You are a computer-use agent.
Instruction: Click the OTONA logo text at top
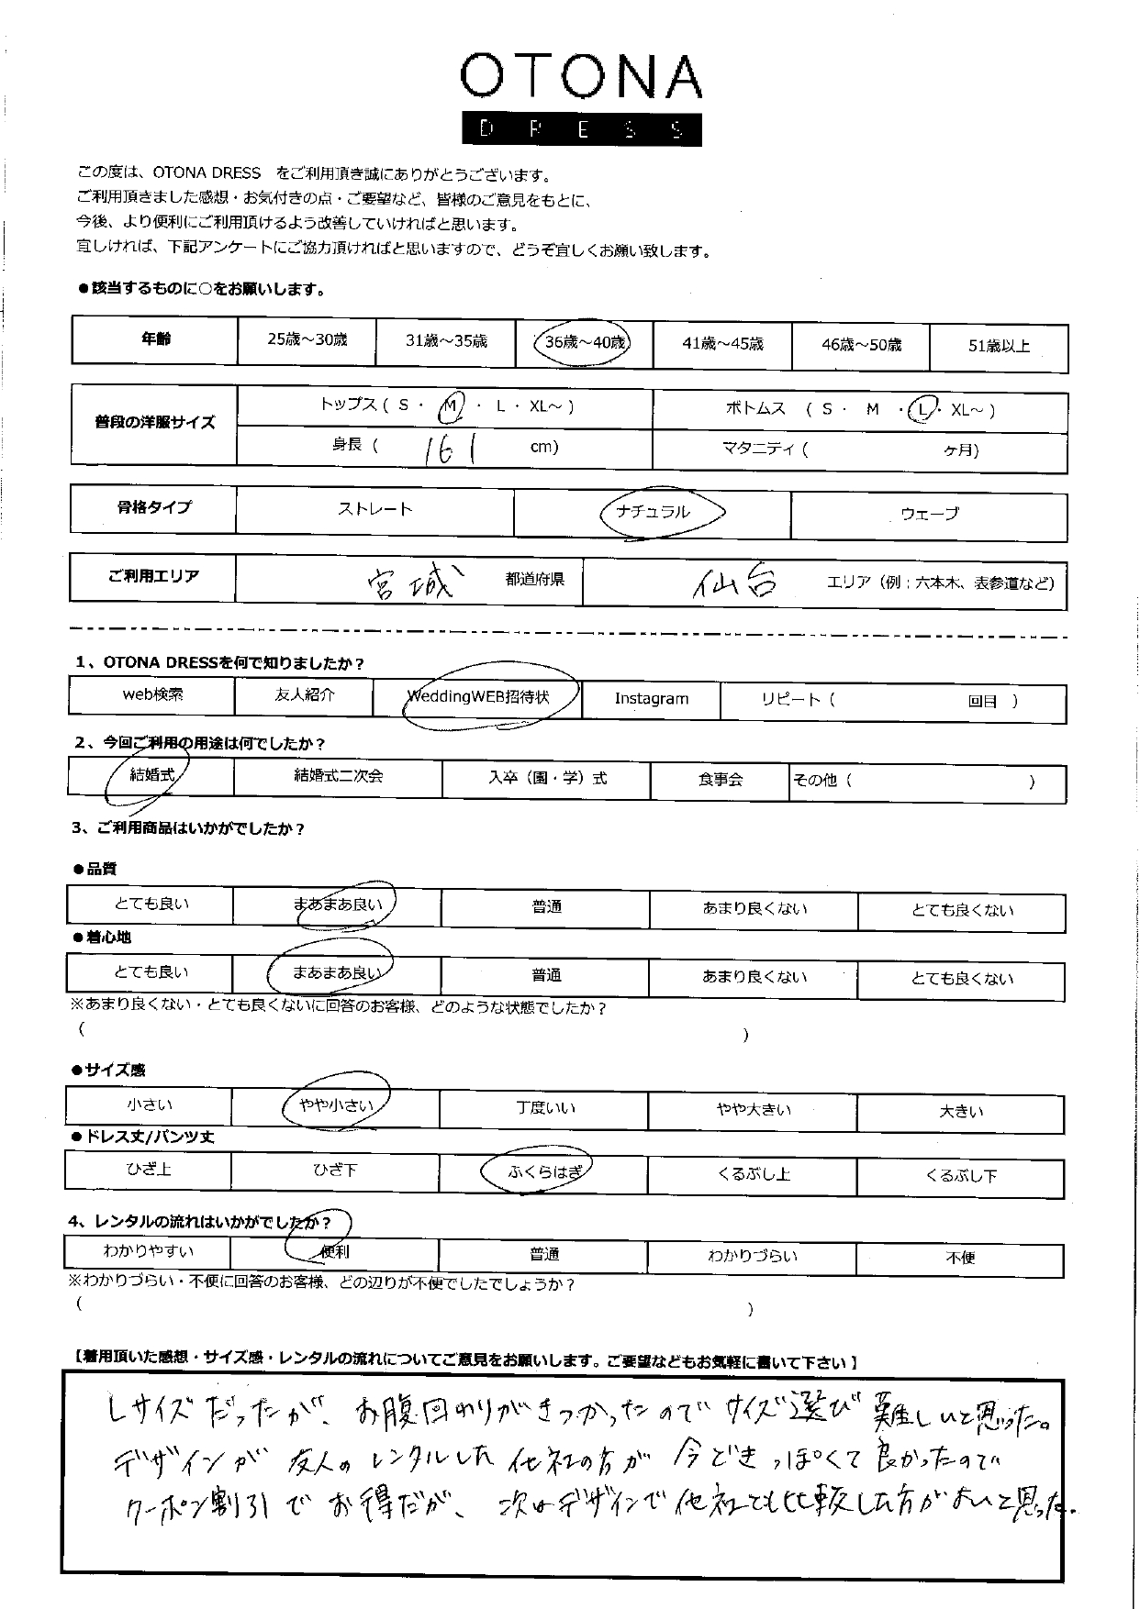click(580, 77)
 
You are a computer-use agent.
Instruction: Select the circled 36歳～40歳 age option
click(585, 343)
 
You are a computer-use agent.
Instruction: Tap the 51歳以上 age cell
click(999, 346)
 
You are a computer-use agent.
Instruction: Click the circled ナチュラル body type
click(654, 512)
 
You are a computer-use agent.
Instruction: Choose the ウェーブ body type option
click(929, 514)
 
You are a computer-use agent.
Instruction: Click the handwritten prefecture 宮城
click(410, 582)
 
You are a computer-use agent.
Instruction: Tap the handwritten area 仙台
click(735, 582)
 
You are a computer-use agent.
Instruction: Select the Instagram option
click(651, 699)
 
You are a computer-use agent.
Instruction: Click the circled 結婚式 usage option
click(152, 776)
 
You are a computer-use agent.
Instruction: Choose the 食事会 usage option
click(720, 780)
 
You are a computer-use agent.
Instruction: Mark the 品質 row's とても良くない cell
click(962, 910)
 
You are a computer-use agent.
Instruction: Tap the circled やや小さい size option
click(337, 1105)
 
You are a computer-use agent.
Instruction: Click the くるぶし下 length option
click(961, 1176)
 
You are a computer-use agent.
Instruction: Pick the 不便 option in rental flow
click(960, 1259)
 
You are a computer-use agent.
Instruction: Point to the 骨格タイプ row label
click(153, 507)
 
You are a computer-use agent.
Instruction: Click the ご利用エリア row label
click(152, 576)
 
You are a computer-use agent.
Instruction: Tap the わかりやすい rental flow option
click(148, 1251)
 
